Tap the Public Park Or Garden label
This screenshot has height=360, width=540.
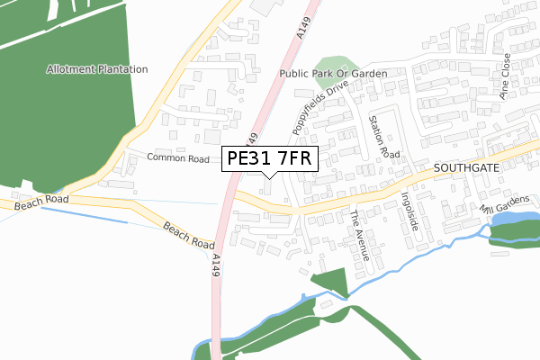[333, 74]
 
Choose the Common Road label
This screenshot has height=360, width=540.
[177, 157]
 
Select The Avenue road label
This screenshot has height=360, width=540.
[360, 235]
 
